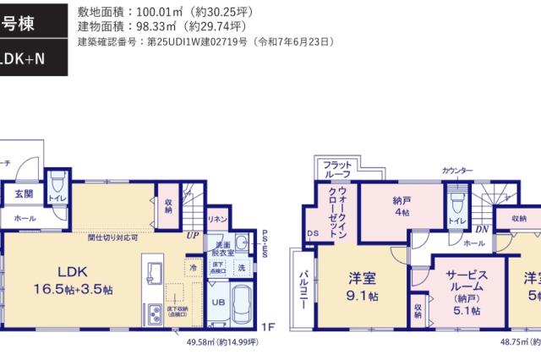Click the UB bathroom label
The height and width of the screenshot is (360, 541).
pyautogui.click(x=217, y=303)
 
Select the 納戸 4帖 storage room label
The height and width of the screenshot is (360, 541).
pyautogui.click(x=402, y=208)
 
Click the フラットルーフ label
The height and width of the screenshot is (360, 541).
pyautogui.click(x=336, y=169)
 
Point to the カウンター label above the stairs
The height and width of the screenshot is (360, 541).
pyautogui.click(x=457, y=172)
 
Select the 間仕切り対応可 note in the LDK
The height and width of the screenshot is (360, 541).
pyautogui.click(x=112, y=237)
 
